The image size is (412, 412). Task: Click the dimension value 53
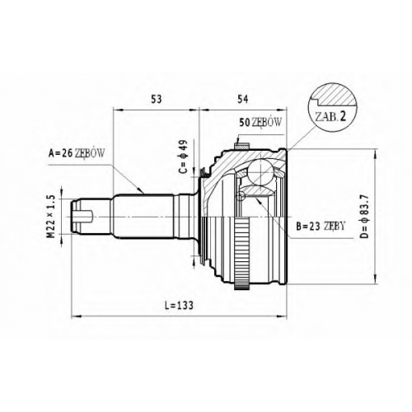157,99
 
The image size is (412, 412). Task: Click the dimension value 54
242,99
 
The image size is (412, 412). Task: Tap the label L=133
179,305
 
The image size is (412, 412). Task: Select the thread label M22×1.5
51,217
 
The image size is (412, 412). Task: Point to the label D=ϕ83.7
364,216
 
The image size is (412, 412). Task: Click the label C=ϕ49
183,157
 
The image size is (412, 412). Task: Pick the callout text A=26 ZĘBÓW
77,153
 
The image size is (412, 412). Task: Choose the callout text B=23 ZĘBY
321,226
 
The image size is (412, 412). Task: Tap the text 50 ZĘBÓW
260,122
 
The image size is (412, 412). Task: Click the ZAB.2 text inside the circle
330,117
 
